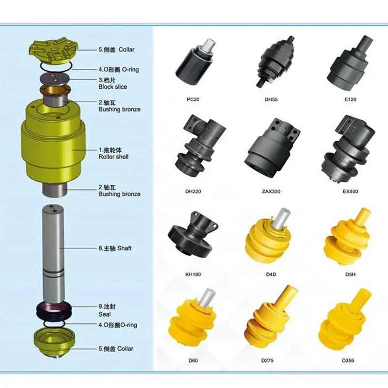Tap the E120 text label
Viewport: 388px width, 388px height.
pos(350,99)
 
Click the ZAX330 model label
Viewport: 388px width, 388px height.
pos(272,191)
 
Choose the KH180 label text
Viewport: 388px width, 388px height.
pos(194,274)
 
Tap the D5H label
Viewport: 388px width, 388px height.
pos(350,274)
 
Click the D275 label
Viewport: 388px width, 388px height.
pos(270,360)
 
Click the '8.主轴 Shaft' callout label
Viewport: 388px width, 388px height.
pos(114,248)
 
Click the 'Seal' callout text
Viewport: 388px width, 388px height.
pos(104,314)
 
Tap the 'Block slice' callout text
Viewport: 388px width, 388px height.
pos(113,87)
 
